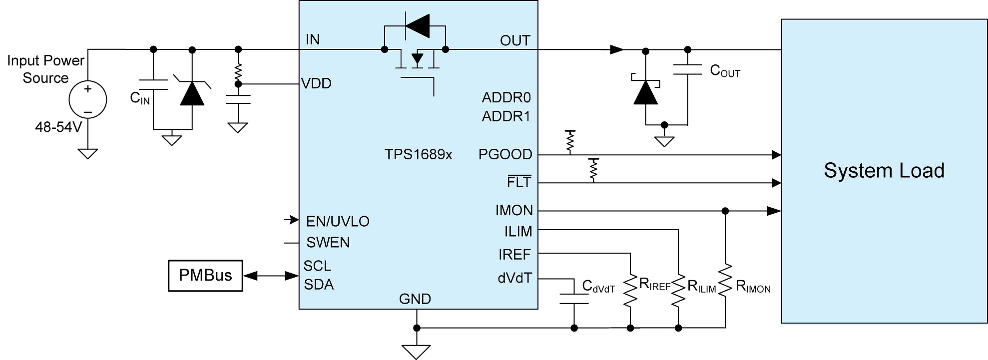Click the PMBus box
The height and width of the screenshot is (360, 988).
pyautogui.click(x=205, y=276)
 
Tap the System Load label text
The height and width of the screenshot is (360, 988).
pyautogui.click(x=884, y=171)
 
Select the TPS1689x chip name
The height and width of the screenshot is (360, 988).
pyautogui.click(x=418, y=154)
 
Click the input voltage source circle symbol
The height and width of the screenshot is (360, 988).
pyautogui.click(x=88, y=100)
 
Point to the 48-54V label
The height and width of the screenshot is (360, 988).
pyautogui.click(x=58, y=127)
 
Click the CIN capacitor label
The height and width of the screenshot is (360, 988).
pyautogui.click(x=139, y=98)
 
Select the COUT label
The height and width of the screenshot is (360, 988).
pyautogui.click(x=725, y=71)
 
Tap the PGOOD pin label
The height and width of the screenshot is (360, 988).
pyautogui.click(x=505, y=154)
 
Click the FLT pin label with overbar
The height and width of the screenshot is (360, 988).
pyautogui.click(x=519, y=182)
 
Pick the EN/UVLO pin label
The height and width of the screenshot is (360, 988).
pyautogui.click(x=338, y=221)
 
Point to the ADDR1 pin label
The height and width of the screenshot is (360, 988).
pyautogui.click(x=505, y=116)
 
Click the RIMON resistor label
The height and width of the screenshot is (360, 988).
pyautogui.click(x=753, y=287)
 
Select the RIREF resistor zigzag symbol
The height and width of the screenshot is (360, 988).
pyautogui.click(x=630, y=290)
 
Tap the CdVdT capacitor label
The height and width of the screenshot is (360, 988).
pyautogui.click(x=598, y=287)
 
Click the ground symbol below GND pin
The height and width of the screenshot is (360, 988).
pyautogui.click(x=416, y=351)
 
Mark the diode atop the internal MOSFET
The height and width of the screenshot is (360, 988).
pyautogui.click(x=417, y=25)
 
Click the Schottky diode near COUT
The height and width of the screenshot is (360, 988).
pyautogui.click(x=645, y=92)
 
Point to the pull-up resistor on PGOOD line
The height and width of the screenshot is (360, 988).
pyautogui.click(x=570, y=142)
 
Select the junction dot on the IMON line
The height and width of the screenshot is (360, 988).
pyautogui.click(x=725, y=211)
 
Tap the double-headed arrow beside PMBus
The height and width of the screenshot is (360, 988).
pyautogui.click(x=271, y=276)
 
